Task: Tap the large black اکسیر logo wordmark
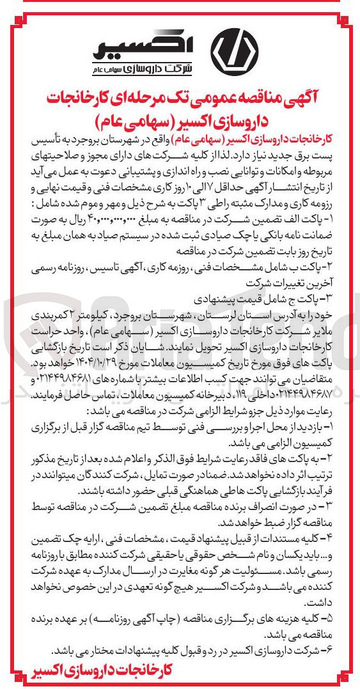click(138, 43)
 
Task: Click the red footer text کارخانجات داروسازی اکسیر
click(102, 670)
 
